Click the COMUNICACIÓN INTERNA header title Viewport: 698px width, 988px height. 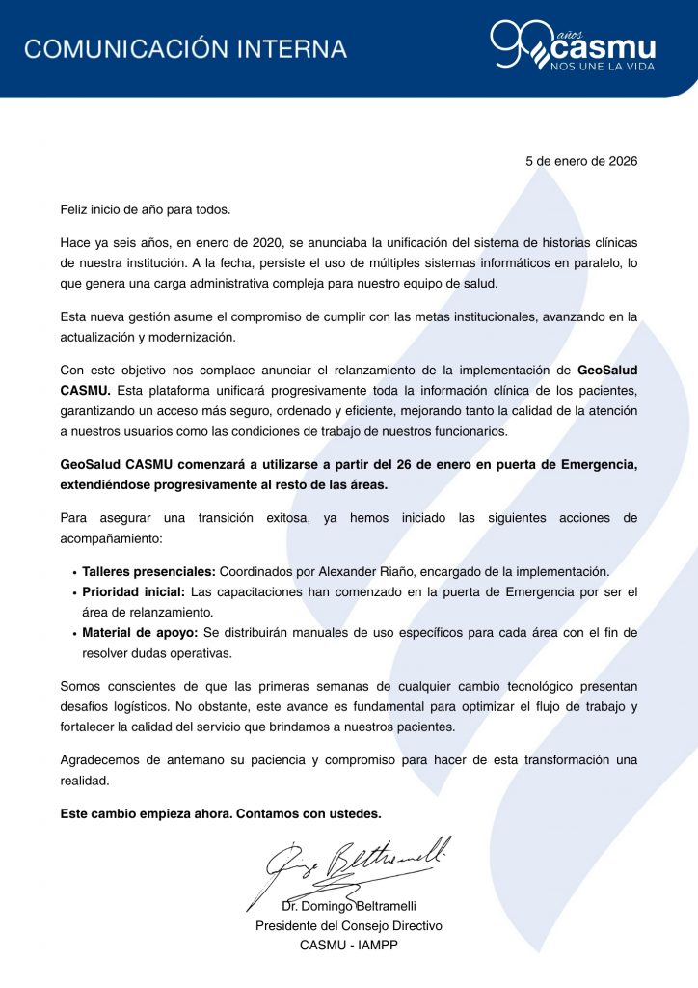[185, 48]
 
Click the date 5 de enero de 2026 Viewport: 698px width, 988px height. [581, 162]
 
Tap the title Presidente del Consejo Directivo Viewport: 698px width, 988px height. [349, 925]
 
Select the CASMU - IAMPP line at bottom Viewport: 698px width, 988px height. [349, 945]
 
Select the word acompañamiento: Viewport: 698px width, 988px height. [111, 537]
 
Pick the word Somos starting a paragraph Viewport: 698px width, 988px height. [80, 686]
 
